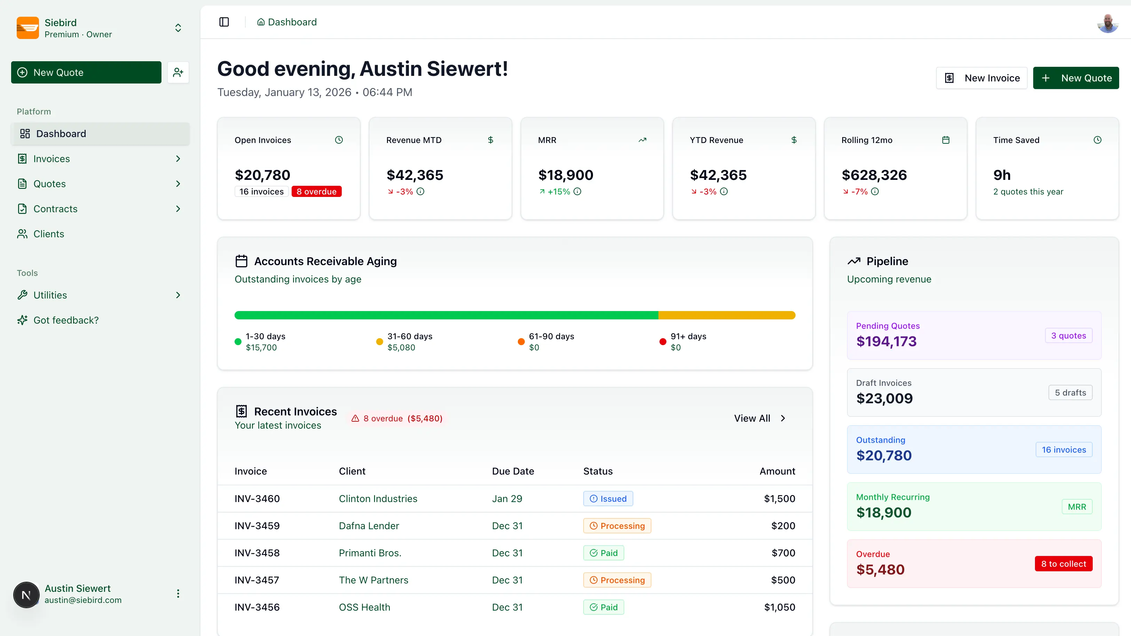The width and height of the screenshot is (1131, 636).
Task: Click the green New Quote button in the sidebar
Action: tap(86, 72)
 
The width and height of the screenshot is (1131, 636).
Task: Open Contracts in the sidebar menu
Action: tap(55, 209)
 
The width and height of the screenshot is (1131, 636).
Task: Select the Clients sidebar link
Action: tap(48, 234)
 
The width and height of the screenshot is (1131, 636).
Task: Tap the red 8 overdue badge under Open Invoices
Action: tap(316, 192)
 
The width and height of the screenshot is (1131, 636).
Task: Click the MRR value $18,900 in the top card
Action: tap(565, 175)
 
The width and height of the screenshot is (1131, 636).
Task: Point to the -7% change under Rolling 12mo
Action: tap(859, 192)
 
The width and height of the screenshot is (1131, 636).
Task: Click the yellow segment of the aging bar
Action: tap(727, 315)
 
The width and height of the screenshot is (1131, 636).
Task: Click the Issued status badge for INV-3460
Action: tap(608, 499)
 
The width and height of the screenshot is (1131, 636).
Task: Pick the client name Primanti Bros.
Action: tap(370, 553)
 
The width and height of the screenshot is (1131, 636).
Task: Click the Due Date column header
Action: tap(513, 471)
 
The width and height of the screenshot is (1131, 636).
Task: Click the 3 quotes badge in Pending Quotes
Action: tap(1068, 336)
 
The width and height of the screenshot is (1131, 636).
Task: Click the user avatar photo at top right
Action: tap(1107, 23)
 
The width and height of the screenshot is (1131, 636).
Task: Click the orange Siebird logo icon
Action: tap(27, 28)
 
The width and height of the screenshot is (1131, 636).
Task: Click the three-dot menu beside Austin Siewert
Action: tap(178, 594)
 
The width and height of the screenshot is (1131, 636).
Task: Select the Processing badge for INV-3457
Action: tap(617, 580)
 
